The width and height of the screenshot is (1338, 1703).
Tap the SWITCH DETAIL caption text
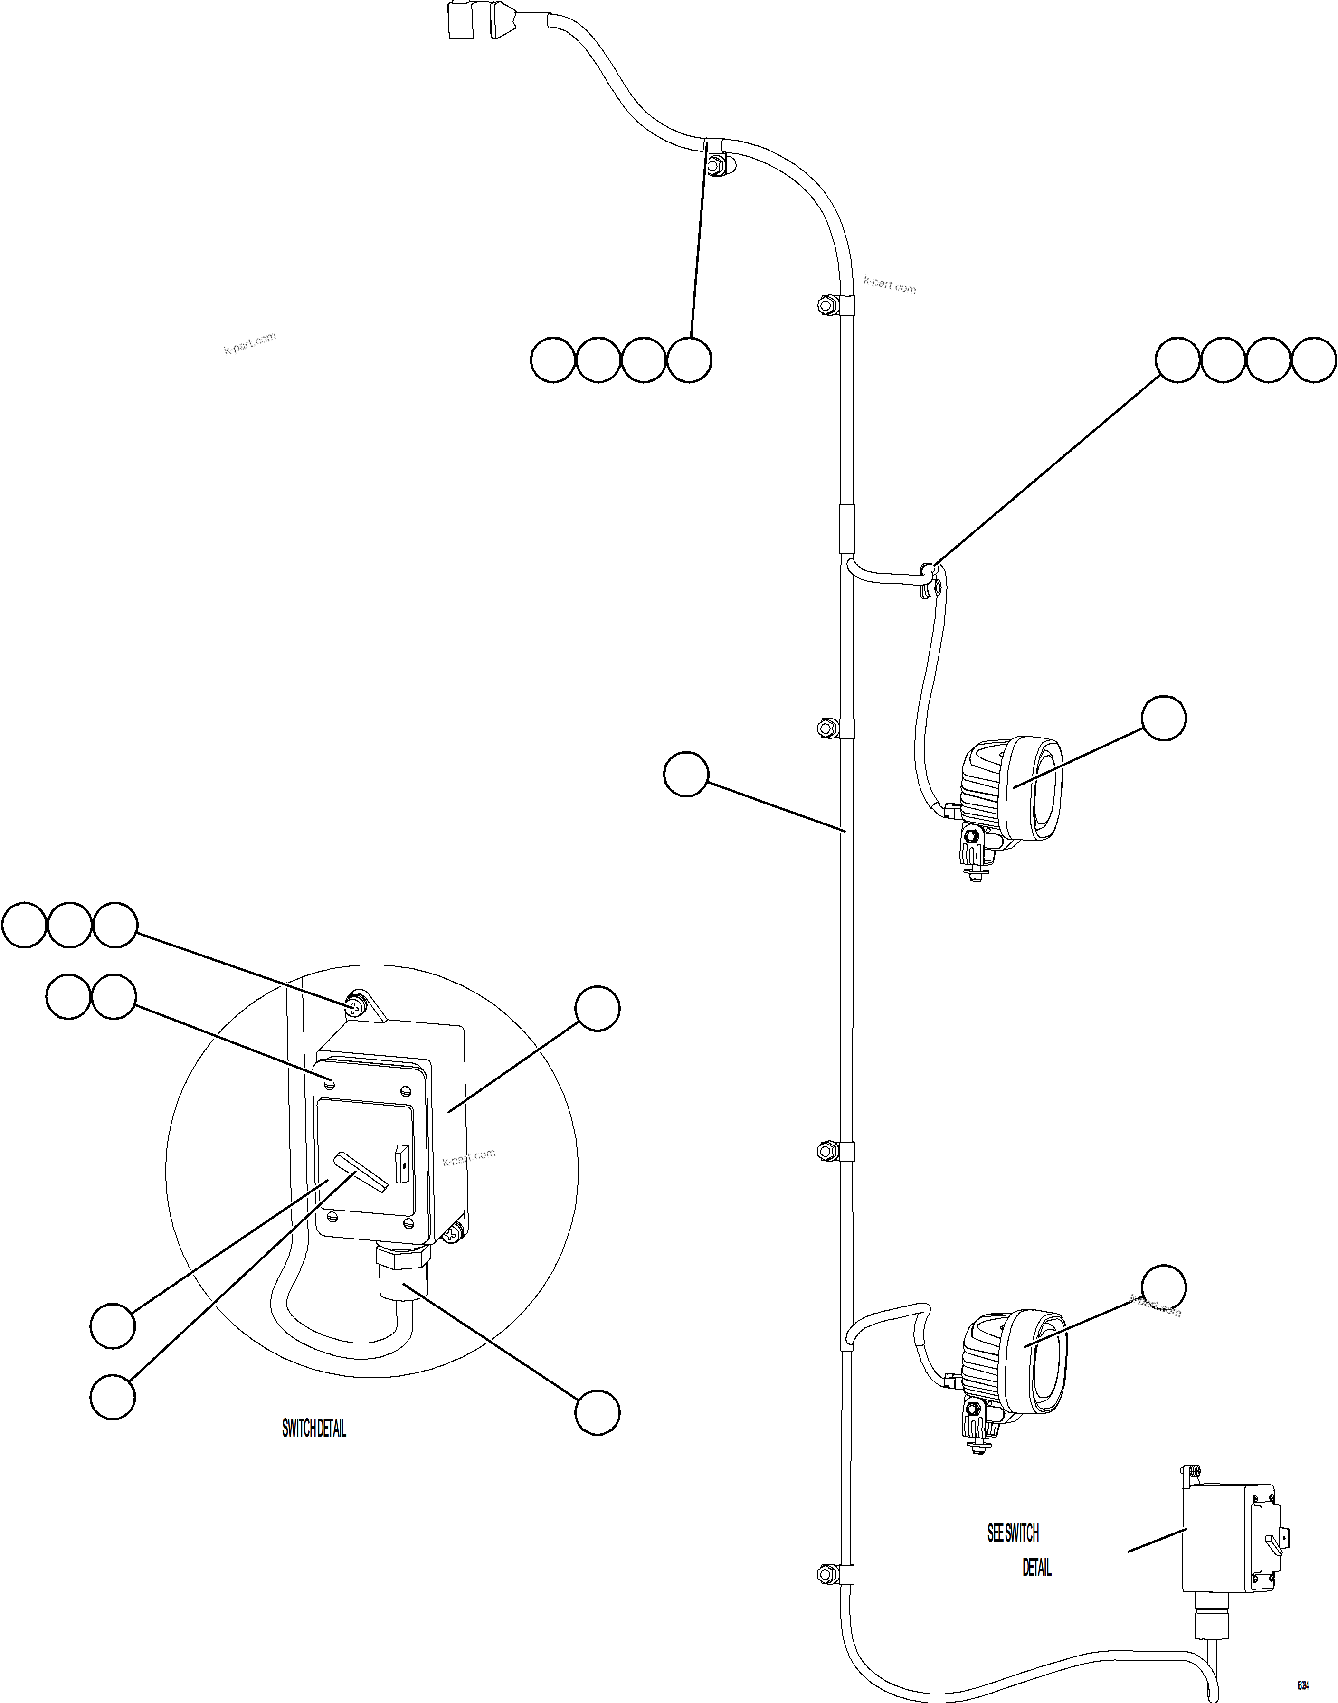click(x=313, y=1428)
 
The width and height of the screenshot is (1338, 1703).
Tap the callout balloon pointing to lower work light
click(x=1163, y=1287)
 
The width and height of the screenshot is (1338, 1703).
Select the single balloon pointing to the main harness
click(x=686, y=775)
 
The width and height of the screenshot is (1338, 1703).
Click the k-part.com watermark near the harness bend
click(x=889, y=285)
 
